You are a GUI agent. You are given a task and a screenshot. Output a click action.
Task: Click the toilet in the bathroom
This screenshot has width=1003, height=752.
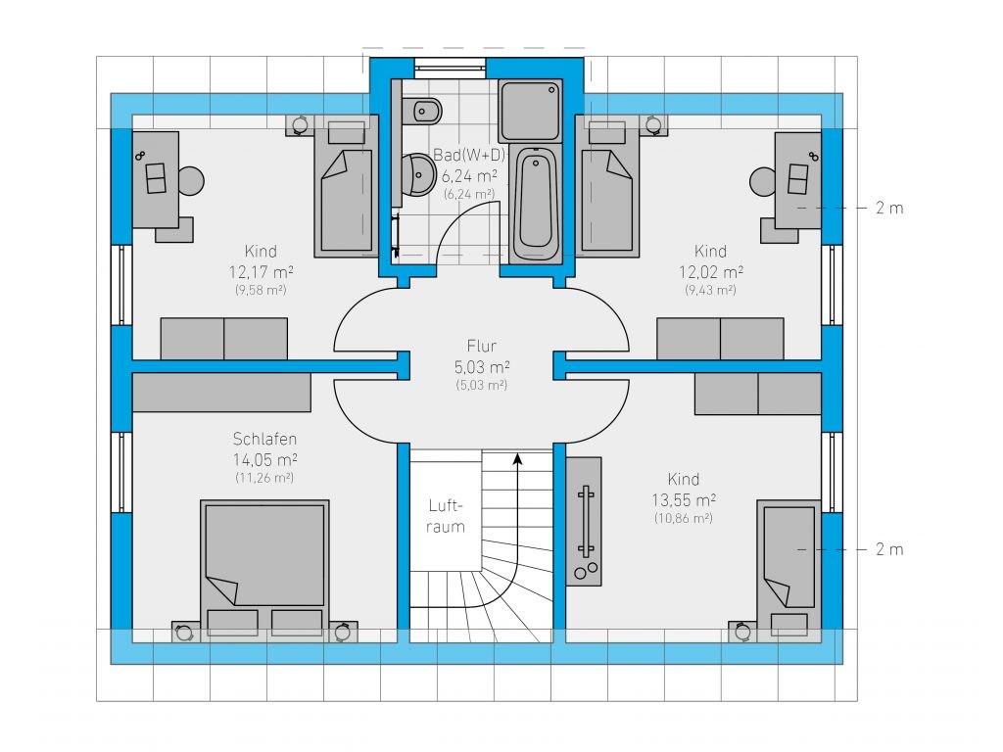(426, 112)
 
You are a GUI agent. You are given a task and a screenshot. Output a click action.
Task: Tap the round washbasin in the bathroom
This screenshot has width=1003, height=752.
(419, 174)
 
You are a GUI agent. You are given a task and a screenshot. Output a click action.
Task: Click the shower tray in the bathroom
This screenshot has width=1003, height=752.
(530, 110)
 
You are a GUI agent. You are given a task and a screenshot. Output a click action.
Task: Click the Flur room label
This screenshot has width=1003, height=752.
(482, 346)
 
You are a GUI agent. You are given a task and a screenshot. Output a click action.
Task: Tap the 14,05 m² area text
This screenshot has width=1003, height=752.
(264, 460)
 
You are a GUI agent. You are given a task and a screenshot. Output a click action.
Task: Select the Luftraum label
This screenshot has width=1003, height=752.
(446, 516)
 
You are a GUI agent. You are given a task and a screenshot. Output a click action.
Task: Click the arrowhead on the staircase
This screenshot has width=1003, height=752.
(517, 458)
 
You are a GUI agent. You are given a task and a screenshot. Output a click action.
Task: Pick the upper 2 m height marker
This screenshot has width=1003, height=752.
(889, 208)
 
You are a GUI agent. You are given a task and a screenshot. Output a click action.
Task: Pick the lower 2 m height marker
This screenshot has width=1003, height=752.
(889, 549)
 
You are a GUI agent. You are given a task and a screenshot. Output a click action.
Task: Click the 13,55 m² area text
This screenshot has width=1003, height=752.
(684, 500)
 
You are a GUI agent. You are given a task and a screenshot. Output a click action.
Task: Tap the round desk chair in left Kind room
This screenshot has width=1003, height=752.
(191, 181)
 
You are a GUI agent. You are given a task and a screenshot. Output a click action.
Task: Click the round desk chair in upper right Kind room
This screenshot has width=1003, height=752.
(762, 181)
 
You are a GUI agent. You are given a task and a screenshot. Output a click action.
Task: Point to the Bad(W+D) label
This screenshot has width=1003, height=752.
(469, 155)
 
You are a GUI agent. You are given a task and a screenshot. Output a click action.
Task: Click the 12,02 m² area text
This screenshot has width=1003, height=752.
(711, 272)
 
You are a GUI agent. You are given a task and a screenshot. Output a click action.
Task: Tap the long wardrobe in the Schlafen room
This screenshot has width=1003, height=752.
(221, 393)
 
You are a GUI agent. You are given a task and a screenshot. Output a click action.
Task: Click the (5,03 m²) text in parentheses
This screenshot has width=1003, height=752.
(482, 385)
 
